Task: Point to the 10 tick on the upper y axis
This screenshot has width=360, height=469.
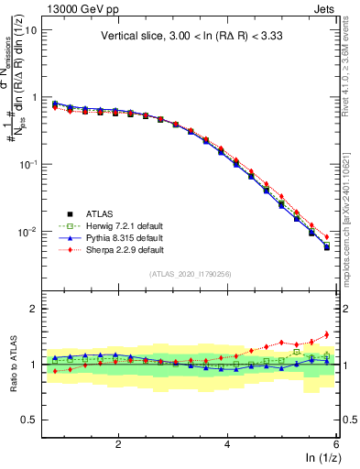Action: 30,29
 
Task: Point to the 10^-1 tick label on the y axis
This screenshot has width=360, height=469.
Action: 27,164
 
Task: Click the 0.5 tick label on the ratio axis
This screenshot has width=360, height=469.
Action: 30,420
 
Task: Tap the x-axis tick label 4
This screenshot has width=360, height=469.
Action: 227,444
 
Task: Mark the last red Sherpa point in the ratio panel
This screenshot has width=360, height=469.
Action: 327,334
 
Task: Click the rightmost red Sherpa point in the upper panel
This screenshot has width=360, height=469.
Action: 327,237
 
